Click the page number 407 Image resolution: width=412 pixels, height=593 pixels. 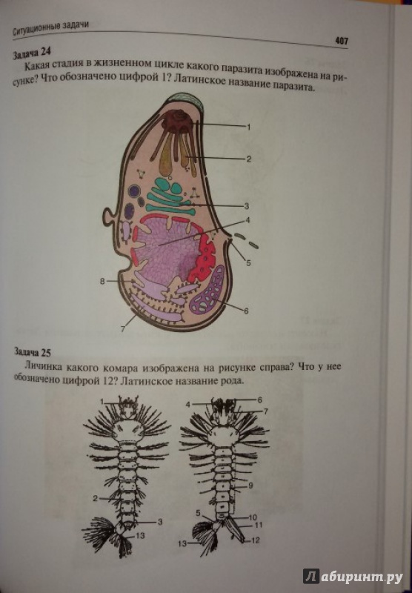[342, 41]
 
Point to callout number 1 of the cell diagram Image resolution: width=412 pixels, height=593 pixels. [249, 127]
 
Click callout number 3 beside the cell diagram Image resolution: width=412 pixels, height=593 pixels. [246, 206]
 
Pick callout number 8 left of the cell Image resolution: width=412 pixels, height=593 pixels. [102, 281]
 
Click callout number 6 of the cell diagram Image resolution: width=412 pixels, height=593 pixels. [246, 311]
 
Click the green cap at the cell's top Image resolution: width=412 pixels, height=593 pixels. [185, 99]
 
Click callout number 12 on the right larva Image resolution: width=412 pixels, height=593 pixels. [256, 540]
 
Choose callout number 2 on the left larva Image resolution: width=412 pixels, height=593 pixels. [96, 498]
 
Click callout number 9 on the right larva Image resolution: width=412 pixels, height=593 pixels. [250, 485]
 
